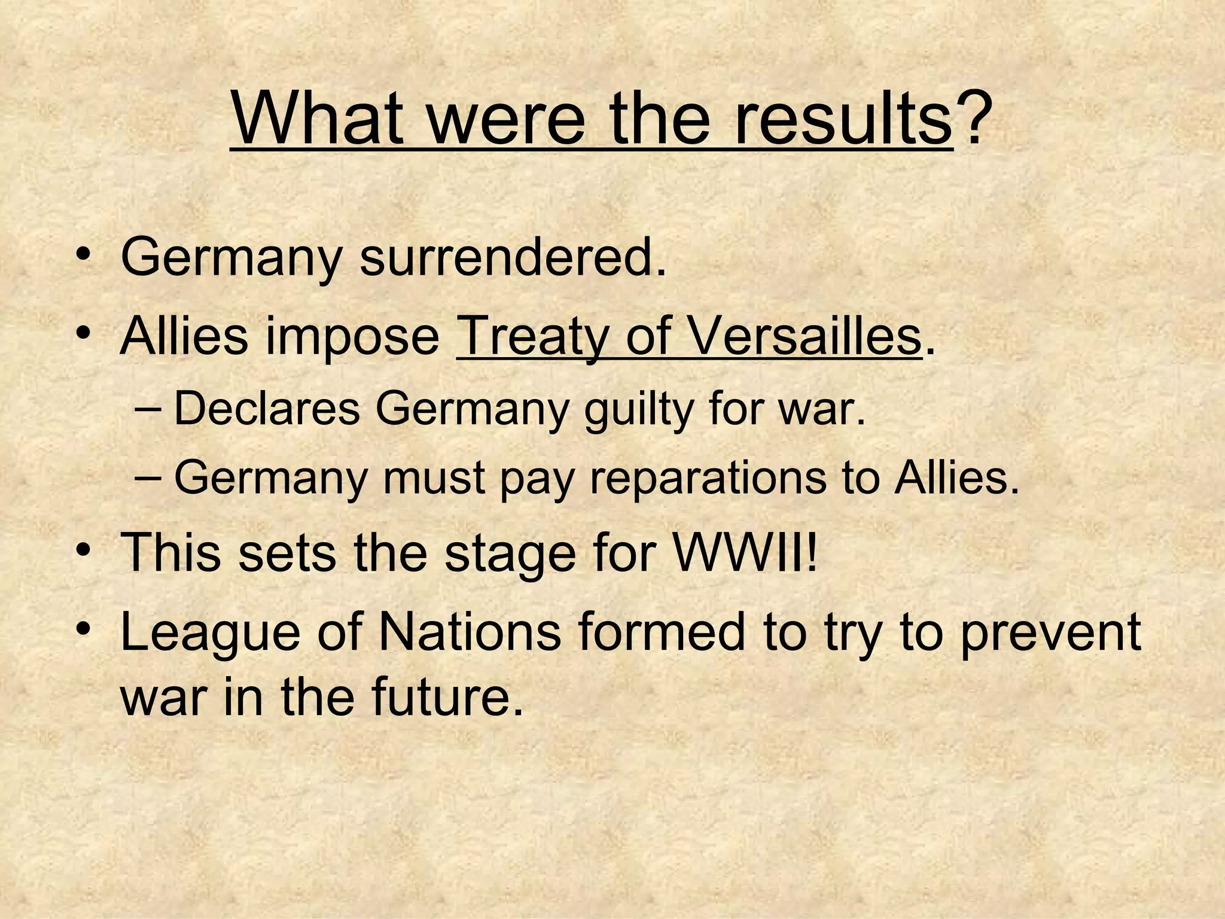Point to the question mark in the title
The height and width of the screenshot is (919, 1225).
[x=970, y=117]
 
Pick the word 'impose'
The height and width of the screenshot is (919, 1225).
[x=353, y=337]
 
